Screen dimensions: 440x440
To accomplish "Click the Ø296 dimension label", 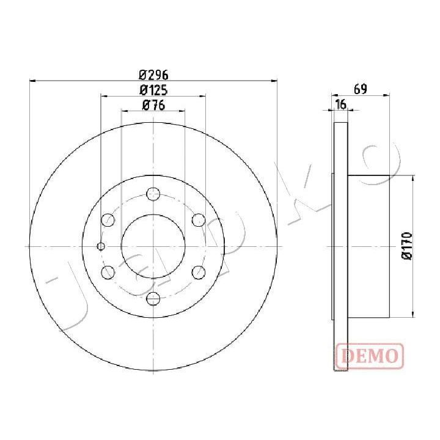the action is click(153, 75).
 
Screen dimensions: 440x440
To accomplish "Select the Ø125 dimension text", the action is click(153, 90).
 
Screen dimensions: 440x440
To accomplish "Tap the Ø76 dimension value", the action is click(154, 105).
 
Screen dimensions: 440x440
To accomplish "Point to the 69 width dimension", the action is click(361, 89).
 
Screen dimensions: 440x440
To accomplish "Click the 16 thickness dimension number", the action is click(341, 105).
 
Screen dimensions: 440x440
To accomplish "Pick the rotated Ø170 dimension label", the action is click(406, 246).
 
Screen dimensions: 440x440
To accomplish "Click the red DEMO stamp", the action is click(370, 356).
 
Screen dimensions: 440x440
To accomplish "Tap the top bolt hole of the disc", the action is click(153, 194).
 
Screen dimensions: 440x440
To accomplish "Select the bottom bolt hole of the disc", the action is click(153, 298).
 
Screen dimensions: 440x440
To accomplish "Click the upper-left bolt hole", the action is click(108, 220).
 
